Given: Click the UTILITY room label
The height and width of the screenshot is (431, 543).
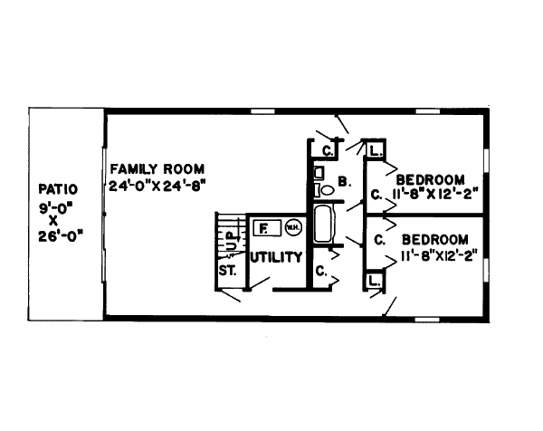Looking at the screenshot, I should point(275,258).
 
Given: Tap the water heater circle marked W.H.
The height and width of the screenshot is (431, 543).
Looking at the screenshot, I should point(293,227).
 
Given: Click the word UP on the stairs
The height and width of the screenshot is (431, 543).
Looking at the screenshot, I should point(231,243).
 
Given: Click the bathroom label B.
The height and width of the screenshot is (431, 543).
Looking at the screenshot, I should point(344,182).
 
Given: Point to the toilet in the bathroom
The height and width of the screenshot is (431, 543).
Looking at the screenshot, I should point(322,190).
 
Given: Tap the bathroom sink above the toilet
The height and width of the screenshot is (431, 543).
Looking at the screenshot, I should point(319,171).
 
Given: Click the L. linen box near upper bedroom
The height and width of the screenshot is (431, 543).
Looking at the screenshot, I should point(374,148).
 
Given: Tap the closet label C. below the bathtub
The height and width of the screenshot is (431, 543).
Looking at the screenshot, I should point(320,270).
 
